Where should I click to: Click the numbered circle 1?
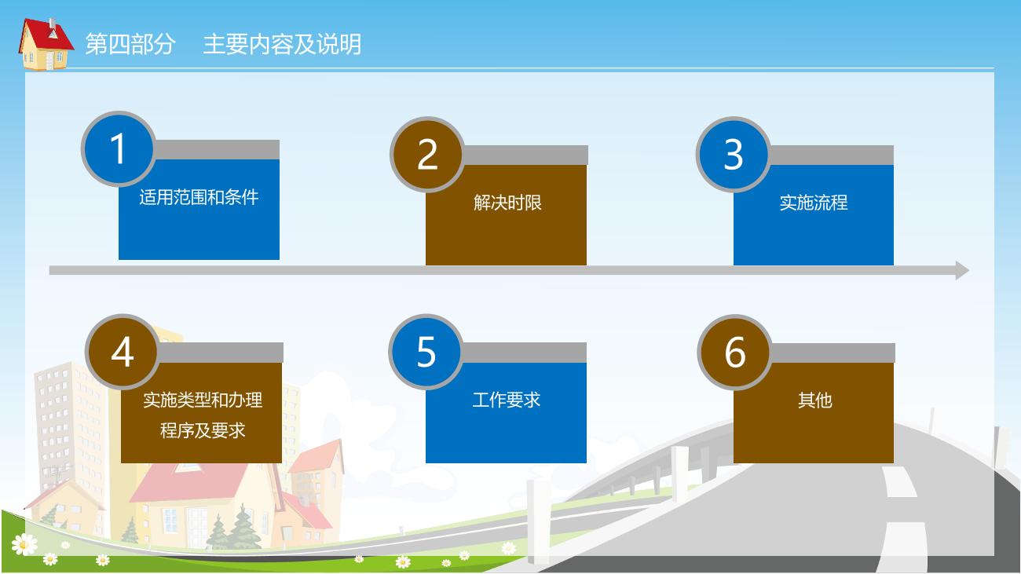coord(119,148)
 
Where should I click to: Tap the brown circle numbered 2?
coord(427,155)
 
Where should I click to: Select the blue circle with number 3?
coord(734,155)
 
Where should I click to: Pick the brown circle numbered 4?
coord(123,352)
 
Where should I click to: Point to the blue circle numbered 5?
coord(426,352)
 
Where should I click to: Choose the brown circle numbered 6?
coord(735,352)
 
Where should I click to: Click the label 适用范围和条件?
coord(199,197)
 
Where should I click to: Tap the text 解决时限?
coord(507,203)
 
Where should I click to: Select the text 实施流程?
coord(814,203)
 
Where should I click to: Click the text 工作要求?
coord(507,400)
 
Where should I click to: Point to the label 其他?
coord(815,400)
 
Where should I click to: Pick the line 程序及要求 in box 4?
coord(203,430)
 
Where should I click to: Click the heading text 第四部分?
coord(130,44)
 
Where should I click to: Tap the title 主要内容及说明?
coord(282,44)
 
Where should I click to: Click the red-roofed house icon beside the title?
coord(46,44)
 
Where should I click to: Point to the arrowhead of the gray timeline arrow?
coord(963,271)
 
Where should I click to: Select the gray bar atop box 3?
coord(830,155)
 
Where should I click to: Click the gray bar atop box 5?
coord(524,353)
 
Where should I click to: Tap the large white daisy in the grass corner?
coord(24,544)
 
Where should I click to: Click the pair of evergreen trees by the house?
coord(234,527)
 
